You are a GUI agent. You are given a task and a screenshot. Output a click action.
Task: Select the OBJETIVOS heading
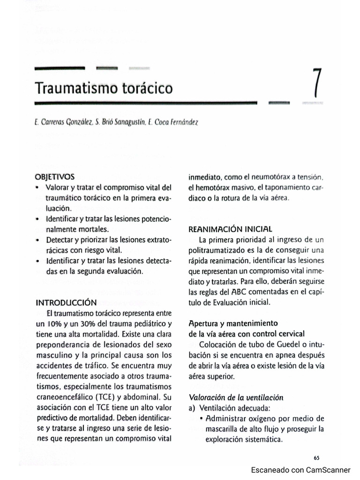[54, 177]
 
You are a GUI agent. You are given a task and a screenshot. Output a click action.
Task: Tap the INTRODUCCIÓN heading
[66, 302]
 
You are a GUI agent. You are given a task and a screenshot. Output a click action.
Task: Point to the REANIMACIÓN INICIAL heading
[230, 229]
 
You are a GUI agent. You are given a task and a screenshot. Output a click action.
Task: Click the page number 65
[316, 457]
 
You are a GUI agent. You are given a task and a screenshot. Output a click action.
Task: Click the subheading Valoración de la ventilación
[236, 397]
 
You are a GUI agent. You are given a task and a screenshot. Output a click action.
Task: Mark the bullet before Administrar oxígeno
[201, 419]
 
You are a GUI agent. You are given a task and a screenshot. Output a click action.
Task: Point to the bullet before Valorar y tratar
[37, 187]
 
